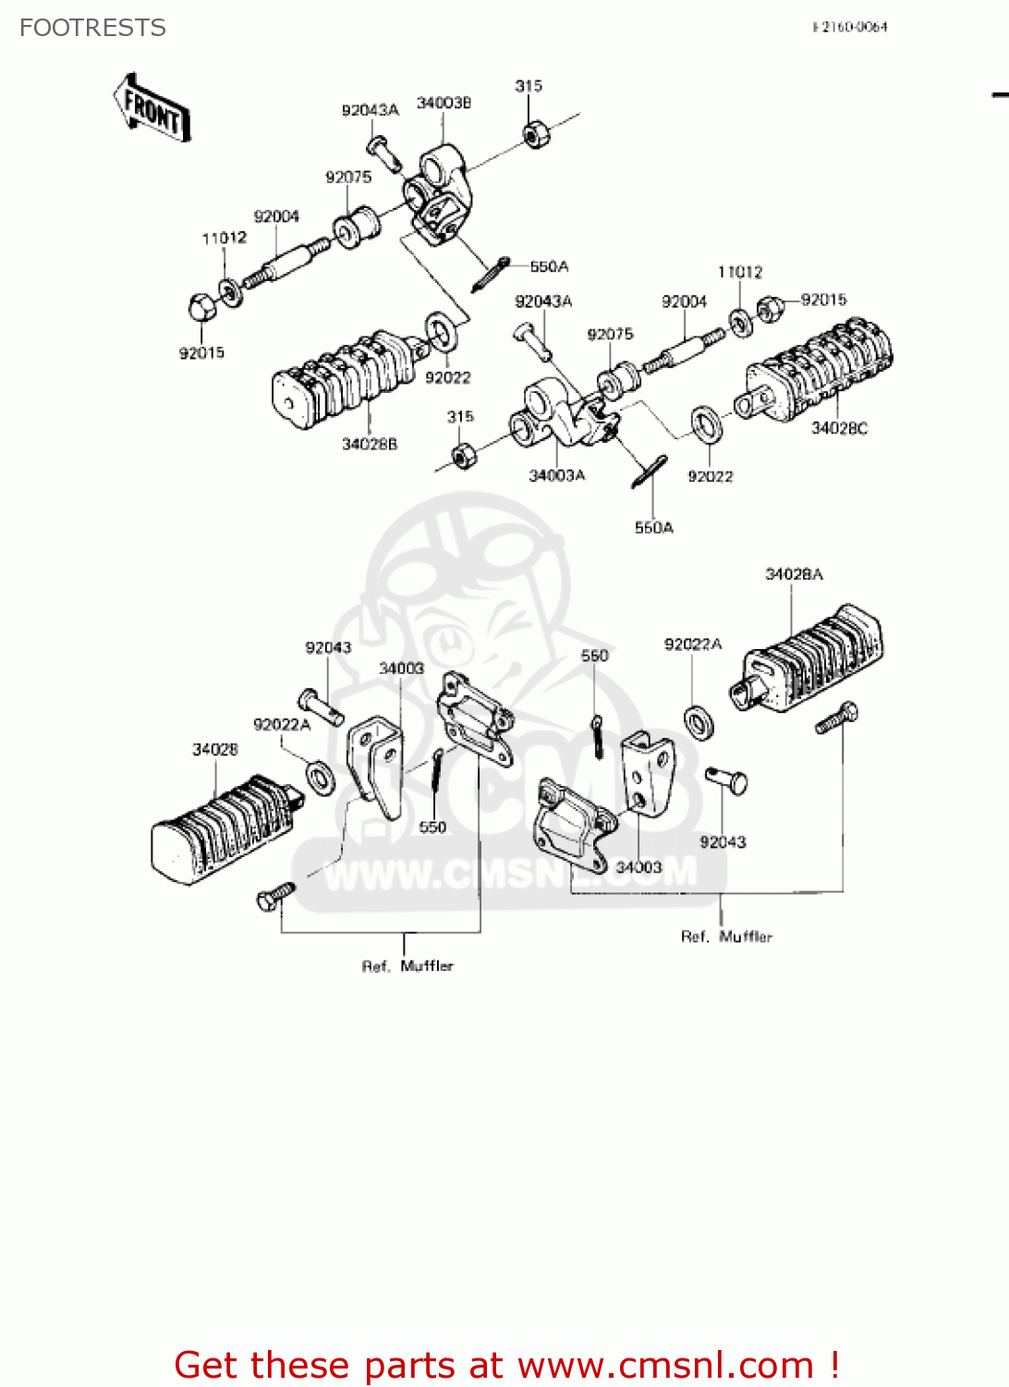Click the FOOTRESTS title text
[92, 28]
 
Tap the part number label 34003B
[444, 103]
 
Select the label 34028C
[839, 428]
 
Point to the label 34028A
[794, 574]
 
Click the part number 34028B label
[370, 444]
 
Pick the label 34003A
[556, 475]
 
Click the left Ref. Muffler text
[407, 966]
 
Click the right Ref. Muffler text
[726, 937]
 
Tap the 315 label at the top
[529, 86]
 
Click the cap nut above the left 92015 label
[201, 307]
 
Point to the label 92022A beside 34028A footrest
[693, 644]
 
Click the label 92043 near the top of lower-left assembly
[328, 647]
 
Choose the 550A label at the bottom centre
[653, 528]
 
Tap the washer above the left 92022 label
[440, 332]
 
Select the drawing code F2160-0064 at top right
[850, 27]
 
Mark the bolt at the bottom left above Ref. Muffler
[274, 896]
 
